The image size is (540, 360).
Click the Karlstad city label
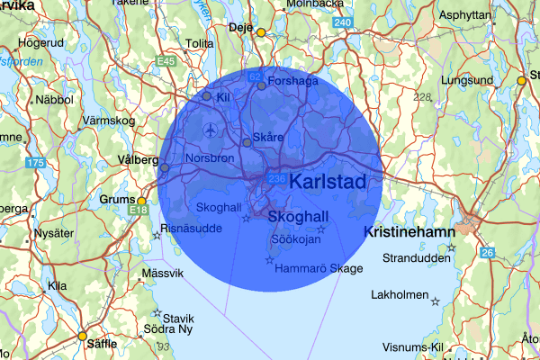coord(329,182)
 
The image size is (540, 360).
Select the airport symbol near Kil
coord(211,130)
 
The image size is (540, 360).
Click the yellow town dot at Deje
coord(261,32)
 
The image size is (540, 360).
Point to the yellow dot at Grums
coord(141,201)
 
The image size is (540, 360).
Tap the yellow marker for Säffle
coord(82,337)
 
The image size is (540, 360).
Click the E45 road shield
coord(165,61)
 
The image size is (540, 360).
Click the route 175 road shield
coord(35,163)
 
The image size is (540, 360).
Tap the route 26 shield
coord(487,252)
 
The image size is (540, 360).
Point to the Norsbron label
coord(210,158)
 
